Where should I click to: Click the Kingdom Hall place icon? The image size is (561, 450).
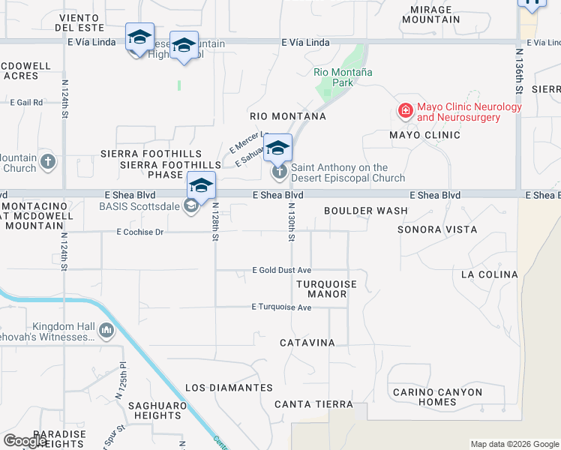[x=106, y=330]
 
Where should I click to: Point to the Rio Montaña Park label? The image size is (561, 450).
[x=343, y=77]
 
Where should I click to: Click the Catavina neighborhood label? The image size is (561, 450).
[x=307, y=343]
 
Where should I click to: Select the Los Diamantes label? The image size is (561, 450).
[x=229, y=388]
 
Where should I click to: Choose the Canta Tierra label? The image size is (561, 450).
[x=313, y=404]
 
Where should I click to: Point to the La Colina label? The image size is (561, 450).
[x=489, y=274]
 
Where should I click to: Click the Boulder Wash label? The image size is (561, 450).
[x=366, y=211]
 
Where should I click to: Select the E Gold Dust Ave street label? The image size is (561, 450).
[x=281, y=269]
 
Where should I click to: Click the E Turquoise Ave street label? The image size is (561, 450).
[x=281, y=307]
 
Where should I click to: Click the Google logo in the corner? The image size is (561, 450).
[x=25, y=441]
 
